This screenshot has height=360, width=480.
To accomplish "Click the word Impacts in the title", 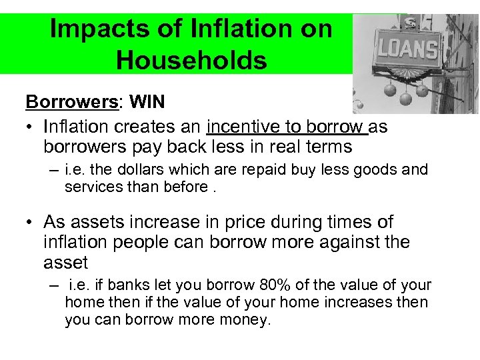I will point(95,30).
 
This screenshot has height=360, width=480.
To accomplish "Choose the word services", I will point(93,187).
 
